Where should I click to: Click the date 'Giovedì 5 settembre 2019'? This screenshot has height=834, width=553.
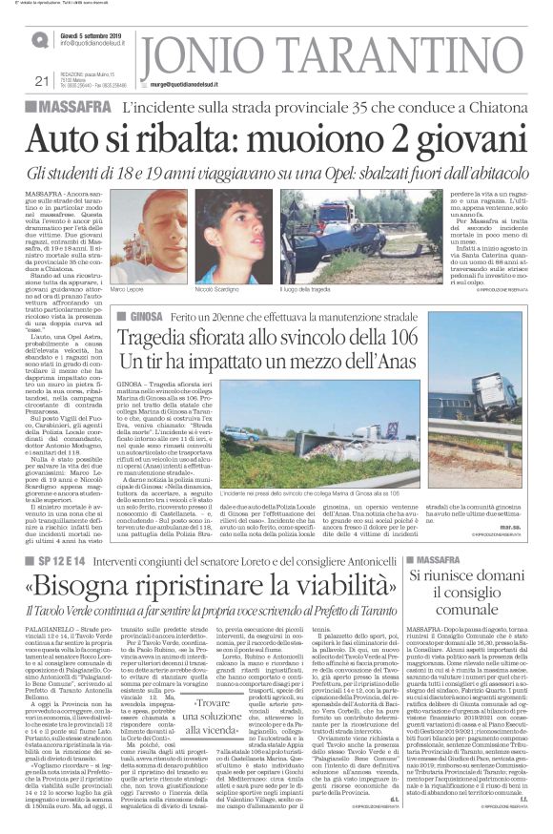point(92,33)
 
